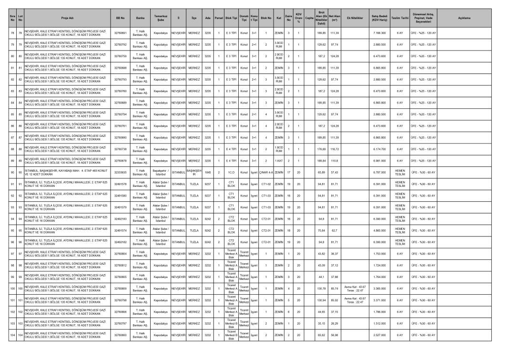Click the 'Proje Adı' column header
coord(64,18)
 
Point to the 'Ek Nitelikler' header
coord(356,18)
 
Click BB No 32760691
coord(120,32)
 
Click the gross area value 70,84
coord(320,230)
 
